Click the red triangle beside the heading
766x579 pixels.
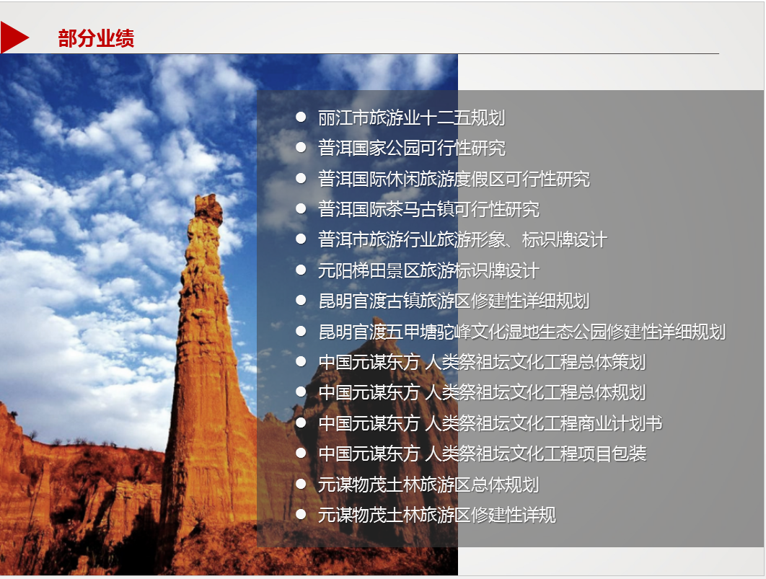(13, 37)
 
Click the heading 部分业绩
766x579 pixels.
(96, 38)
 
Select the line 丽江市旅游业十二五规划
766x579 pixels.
(411, 118)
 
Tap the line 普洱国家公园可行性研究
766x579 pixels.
(411, 148)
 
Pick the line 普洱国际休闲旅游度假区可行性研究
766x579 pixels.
(454, 179)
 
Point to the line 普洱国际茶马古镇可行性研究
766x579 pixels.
(428, 209)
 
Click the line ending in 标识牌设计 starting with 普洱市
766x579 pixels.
(462, 239)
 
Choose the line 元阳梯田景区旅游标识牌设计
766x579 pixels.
(428, 270)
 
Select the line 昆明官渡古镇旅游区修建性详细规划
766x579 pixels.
(454, 301)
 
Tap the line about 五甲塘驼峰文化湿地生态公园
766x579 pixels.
(521, 332)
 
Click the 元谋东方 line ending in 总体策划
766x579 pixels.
(482, 362)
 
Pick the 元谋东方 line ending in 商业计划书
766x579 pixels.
(490, 423)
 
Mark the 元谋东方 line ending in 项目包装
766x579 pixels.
(482, 454)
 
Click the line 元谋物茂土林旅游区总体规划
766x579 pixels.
(428, 485)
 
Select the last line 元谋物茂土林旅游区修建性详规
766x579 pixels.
(437, 515)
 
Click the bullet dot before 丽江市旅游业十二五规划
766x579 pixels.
(301, 117)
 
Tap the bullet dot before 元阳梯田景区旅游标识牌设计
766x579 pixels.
(301, 270)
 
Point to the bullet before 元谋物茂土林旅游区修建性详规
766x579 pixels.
(301, 514)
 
